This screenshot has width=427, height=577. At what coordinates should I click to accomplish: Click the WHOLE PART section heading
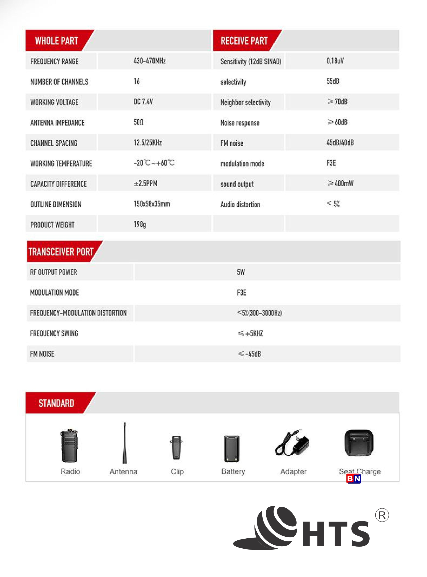pyautogui.click(x=56, y=41)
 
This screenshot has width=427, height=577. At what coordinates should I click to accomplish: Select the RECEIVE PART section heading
pyautogui.click(x=244, y=41)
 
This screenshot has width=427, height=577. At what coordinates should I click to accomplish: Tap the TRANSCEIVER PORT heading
pyautogui.click(x=61, y=252)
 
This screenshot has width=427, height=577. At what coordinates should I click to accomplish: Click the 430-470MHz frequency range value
pyautogui.click(x=149, y=61)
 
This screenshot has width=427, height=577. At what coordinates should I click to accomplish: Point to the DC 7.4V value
pyautogui.click(x=143, y=101)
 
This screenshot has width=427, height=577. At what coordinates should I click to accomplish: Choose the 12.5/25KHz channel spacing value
pyautogui.click(x=148, y=142)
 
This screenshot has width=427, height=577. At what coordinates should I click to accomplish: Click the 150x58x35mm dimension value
pyautogui.click(x=152, y=204)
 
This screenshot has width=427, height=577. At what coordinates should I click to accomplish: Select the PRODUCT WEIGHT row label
pyautogui.click(x=52, y=225)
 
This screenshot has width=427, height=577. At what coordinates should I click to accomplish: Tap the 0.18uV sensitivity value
pyautogui.click(x=335, y=61)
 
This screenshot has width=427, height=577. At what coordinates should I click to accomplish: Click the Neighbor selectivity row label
pyautogui.click(x=245, y=102)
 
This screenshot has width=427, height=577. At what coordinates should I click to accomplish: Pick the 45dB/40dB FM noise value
pyautogui.click(x=340, y=142)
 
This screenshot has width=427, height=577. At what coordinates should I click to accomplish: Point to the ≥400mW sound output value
pyautogui.click(x=340, y=183)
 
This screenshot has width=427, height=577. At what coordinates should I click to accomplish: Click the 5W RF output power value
pyautogui.click(x=241, y=272)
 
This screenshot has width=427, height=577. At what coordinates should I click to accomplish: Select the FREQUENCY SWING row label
pyautogui.click(x=54, y=333)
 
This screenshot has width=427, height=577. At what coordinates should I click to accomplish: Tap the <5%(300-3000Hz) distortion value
pyautogui.click(x=259, y=313)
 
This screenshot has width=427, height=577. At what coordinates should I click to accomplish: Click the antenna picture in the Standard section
pyautogui.click(x=125, y=443)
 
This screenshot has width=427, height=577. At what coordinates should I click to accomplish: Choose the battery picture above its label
pyautogui.click(x=232, y=448)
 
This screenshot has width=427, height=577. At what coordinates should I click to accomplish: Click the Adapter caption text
pyautogui.click(x=293, y=471)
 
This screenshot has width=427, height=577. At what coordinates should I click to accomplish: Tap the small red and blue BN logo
pyautogui.click(x=353, y=479)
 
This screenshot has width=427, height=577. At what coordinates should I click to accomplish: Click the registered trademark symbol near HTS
pyautogui.click(x=382, y=515)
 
